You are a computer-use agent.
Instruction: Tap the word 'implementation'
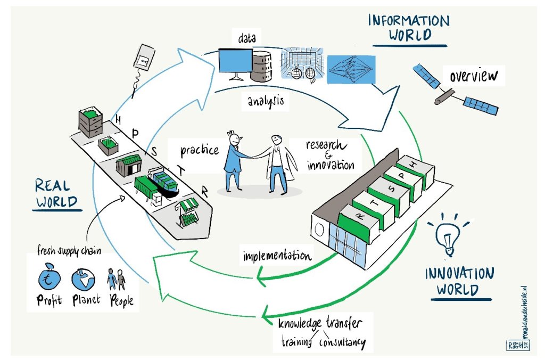click(x=277, y=255)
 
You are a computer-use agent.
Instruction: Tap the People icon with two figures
click(x=117, y=279)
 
